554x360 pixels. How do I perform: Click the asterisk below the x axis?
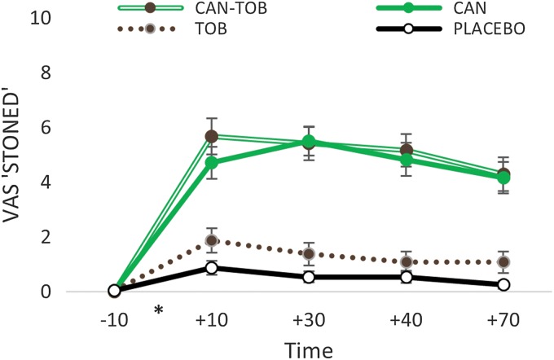pos(159,311)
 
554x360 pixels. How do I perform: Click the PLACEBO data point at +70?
pos(503,284)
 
